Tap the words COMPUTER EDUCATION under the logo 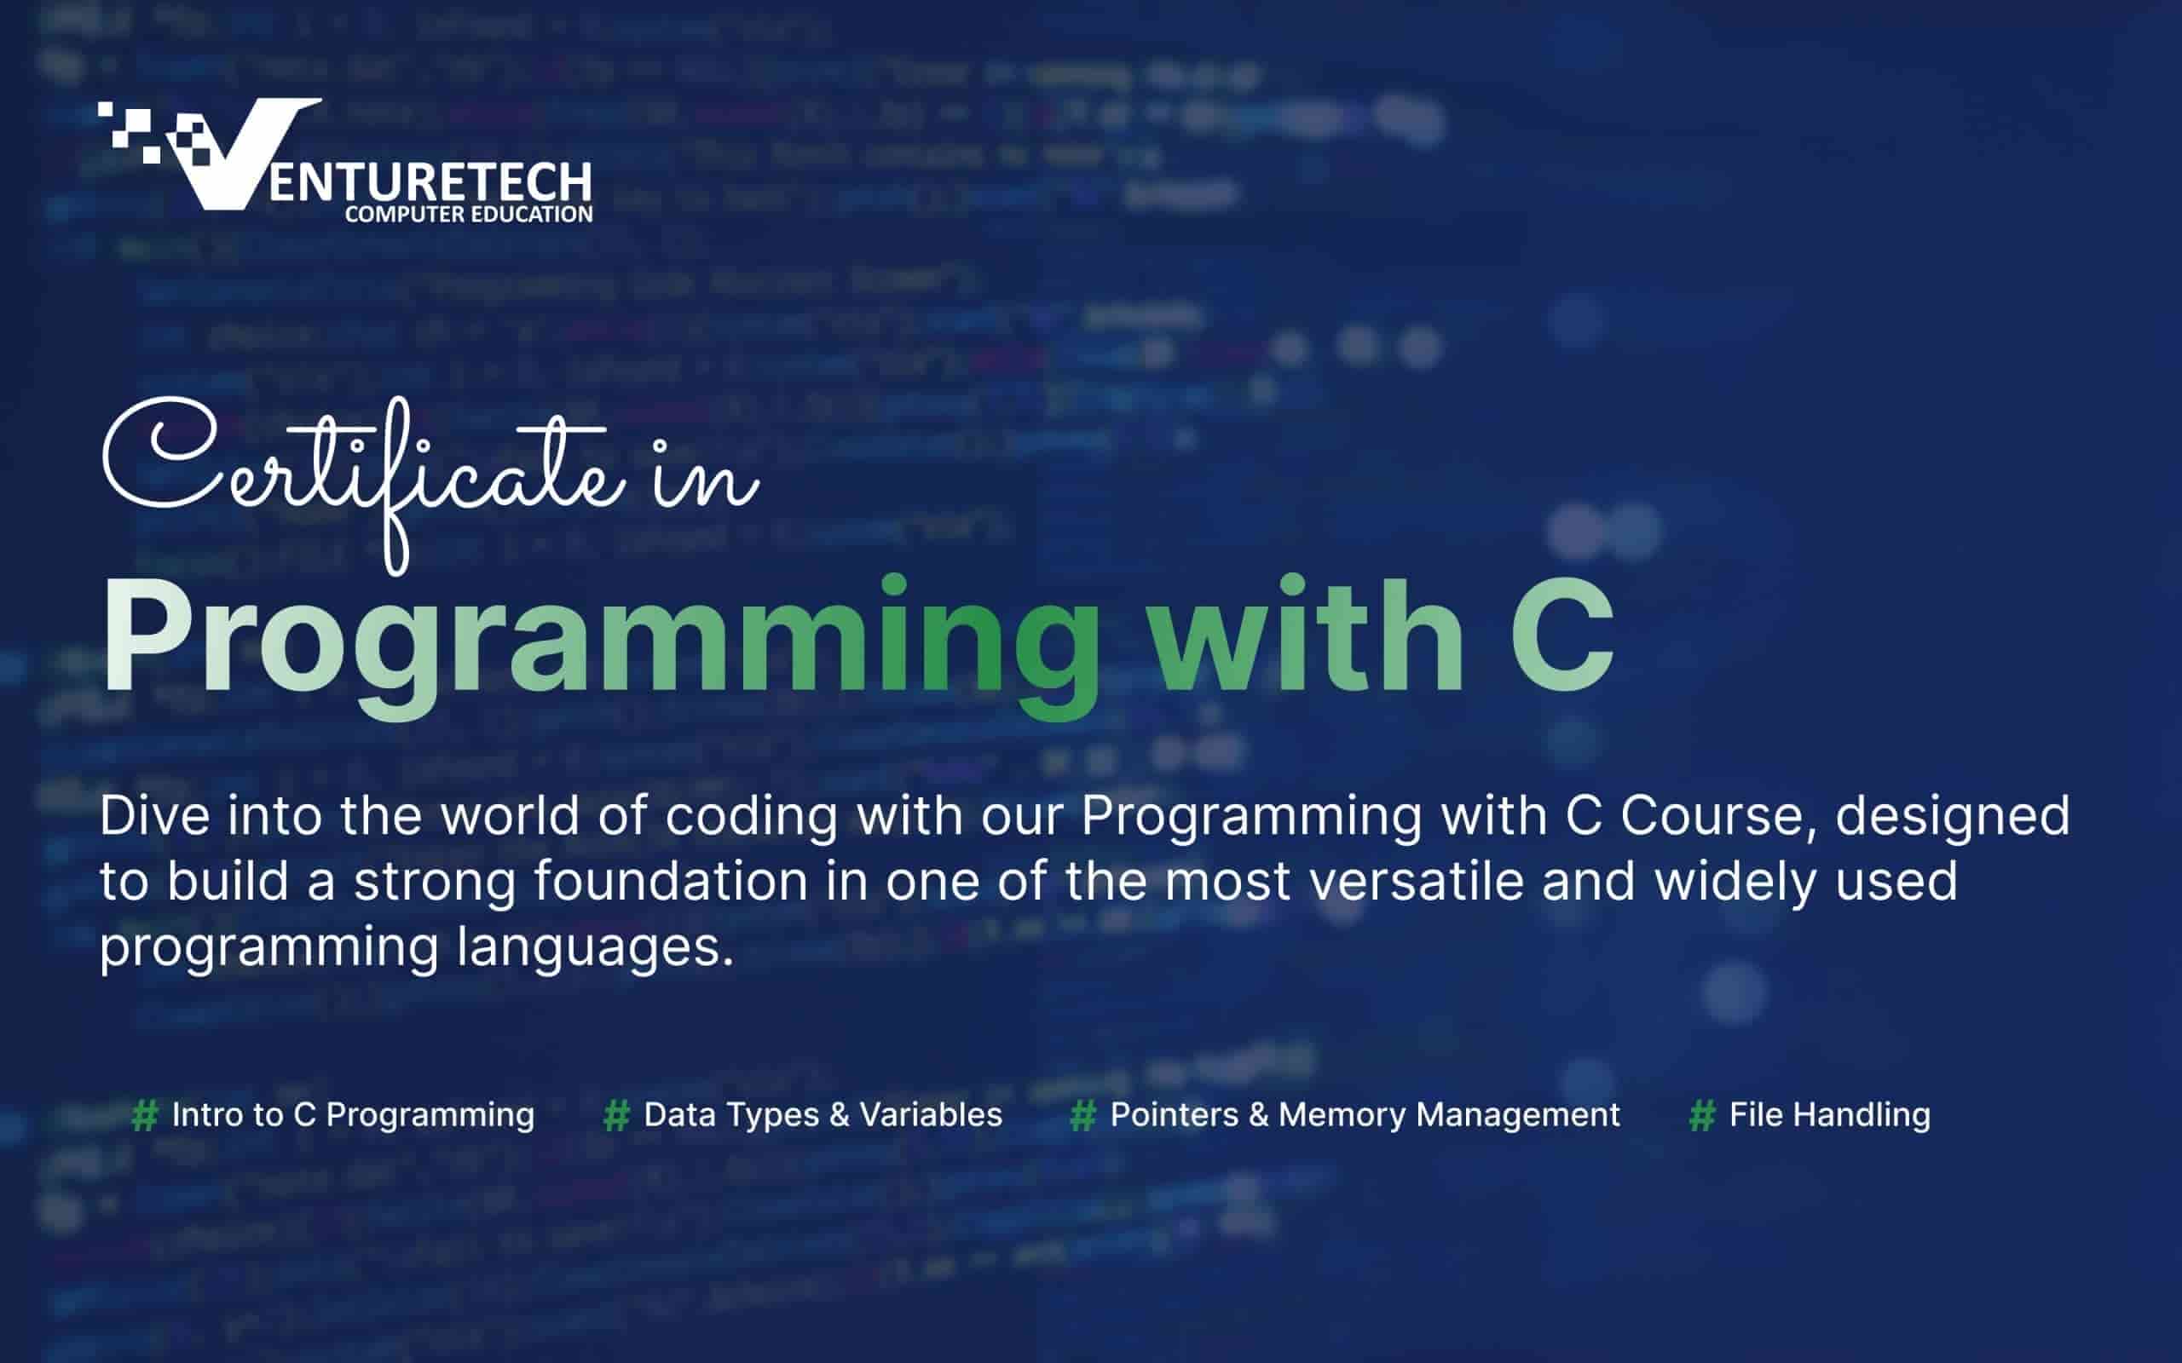tap(469, 215)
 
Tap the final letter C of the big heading tap(1562, 635)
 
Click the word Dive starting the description tap(155, 815)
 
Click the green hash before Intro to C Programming tap(145, 1115)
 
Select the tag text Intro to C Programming tap(353, 1116)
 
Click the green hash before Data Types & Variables tap(617, 1115)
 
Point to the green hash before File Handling tap(1702, 1115)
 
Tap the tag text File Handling tap(1829, 1116)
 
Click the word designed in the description tap(1953, 817)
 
